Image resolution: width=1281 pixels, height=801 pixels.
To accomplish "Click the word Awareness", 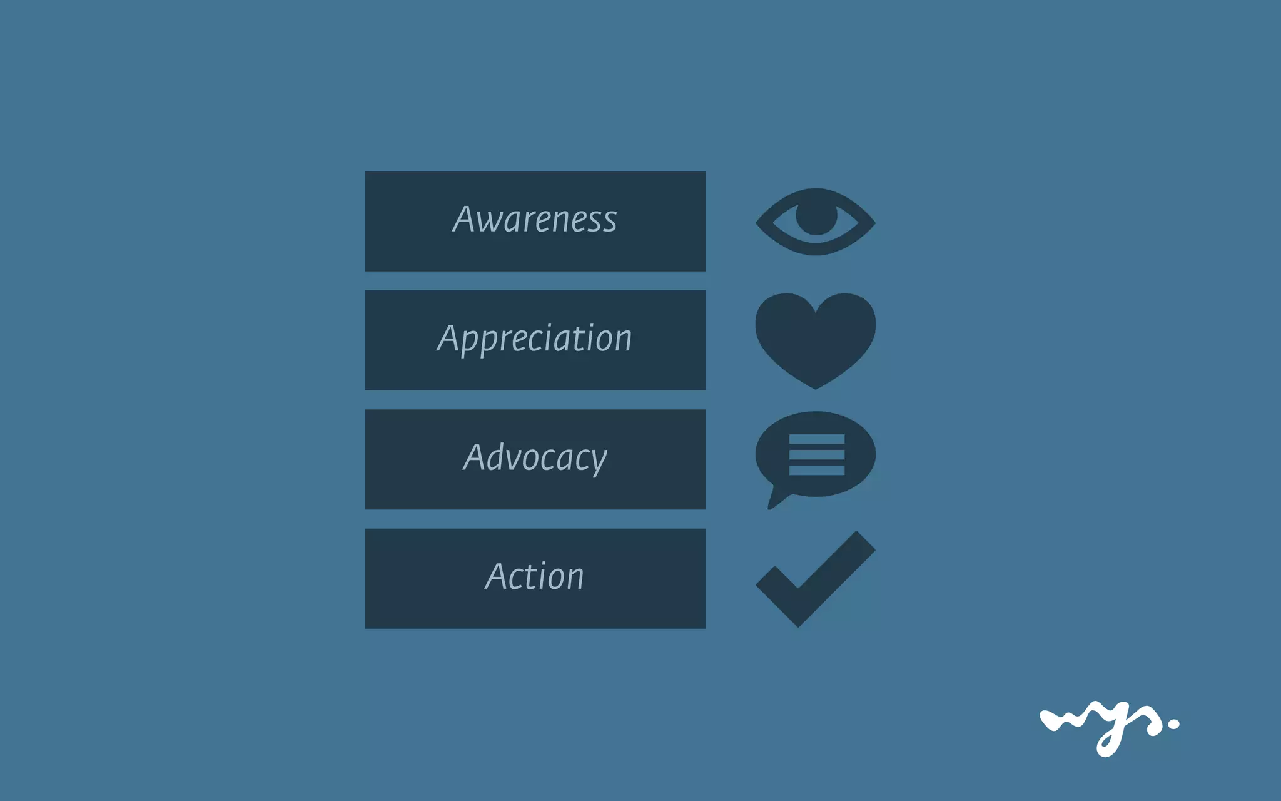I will tap(535, 220).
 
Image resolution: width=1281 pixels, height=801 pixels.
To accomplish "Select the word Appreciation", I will tap(535, 339).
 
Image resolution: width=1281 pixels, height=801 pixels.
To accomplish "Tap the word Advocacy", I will tap(535, 457).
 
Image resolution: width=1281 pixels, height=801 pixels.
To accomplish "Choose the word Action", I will tap(535, 576).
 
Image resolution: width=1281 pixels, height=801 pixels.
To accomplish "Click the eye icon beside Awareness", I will tap(815, 222).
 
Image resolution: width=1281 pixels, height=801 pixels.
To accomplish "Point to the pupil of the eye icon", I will tap(816, 216).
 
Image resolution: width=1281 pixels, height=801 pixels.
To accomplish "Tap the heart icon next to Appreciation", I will tap(815, 338).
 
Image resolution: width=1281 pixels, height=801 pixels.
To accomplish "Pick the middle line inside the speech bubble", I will tap(817, 455).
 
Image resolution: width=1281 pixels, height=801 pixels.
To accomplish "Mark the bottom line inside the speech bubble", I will tap(817, 469).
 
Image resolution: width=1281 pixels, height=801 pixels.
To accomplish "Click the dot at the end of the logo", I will tap(1173, 724).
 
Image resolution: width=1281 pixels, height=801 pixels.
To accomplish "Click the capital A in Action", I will tap(497, 576).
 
